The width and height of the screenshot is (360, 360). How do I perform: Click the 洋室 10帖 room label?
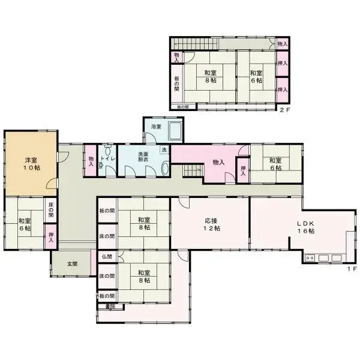coord(32,164)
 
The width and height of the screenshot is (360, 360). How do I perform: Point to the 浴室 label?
coord(156,127)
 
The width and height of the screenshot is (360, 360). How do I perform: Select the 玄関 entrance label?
coord(72,264)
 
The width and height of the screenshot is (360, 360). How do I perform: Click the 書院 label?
coord(110,307)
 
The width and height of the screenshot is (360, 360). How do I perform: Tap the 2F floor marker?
coord(284,110)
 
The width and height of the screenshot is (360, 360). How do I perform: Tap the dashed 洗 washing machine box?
coord(164,151)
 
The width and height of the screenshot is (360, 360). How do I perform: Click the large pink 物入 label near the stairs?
coord(218,162)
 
